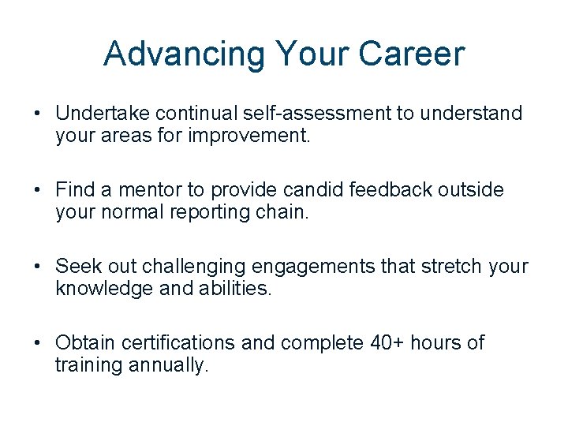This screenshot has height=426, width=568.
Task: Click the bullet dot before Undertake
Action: [x=38, y=114]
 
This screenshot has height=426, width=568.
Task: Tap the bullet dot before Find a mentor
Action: [x=38, y=190]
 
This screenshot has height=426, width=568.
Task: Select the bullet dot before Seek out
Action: [x=38, y=267]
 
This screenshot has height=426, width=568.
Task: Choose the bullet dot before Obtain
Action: [x=38, y=343]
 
